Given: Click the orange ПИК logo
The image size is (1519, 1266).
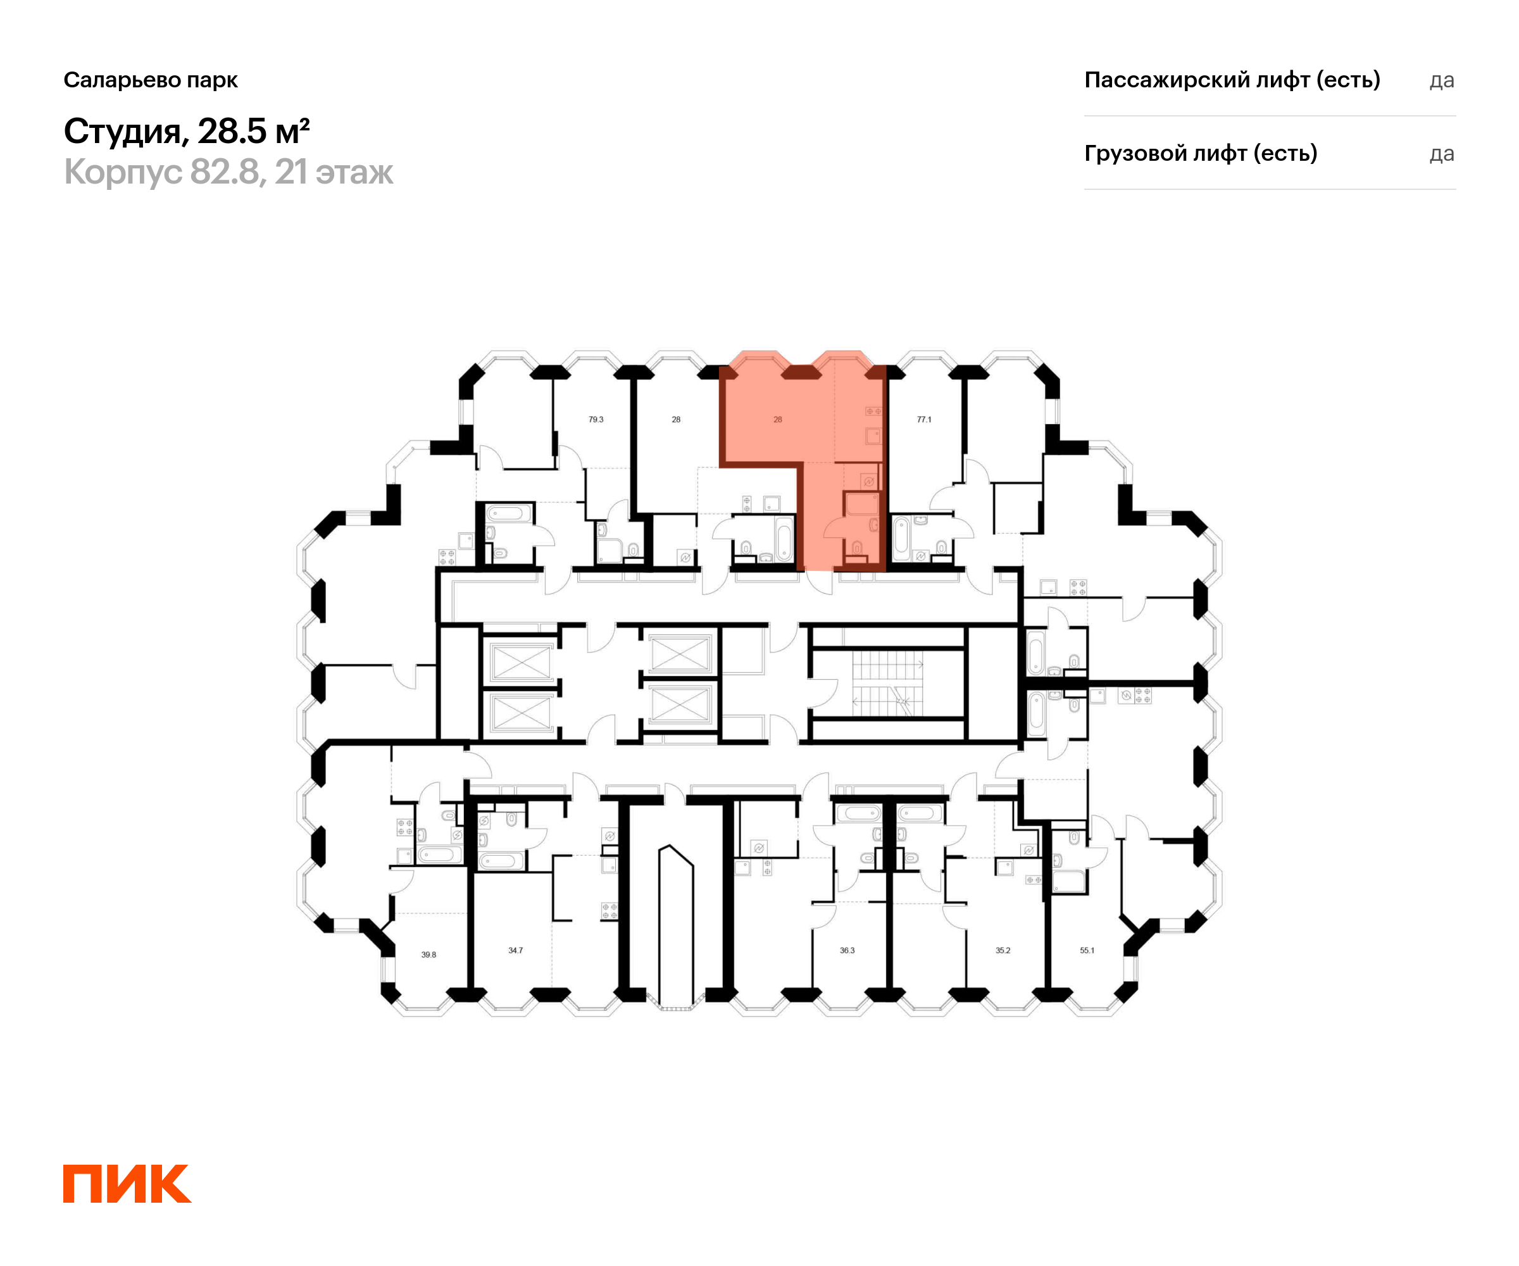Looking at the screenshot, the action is point(127,1183).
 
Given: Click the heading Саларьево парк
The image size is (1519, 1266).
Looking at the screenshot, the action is point(151,80).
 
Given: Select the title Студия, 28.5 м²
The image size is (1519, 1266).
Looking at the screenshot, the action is point(187,131).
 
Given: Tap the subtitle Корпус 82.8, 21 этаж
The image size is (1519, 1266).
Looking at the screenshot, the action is point(228,172).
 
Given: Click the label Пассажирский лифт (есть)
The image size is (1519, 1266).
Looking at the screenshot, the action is point(1232,80).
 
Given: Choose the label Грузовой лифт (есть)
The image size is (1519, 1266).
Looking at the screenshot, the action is point(1201,153).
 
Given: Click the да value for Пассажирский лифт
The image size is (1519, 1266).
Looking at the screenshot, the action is point(1442,80).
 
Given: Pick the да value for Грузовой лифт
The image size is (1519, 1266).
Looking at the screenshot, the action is point(1442,154).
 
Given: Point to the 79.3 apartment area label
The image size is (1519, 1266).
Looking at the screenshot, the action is point(596,420).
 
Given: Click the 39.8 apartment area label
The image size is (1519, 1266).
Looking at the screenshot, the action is point(428,955).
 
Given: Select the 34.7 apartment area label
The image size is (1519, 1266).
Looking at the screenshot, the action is point(515,951).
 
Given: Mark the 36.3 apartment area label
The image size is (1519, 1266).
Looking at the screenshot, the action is point(847,951).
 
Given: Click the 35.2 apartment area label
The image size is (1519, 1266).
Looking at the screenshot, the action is point(1003,951).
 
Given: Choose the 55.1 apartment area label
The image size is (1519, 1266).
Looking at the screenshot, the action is point(1087,951).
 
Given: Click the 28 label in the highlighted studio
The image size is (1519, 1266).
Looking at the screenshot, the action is point(778,420).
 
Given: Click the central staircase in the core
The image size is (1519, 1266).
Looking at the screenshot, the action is point(887,684).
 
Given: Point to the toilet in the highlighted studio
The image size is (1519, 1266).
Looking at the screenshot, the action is point(857,548).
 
